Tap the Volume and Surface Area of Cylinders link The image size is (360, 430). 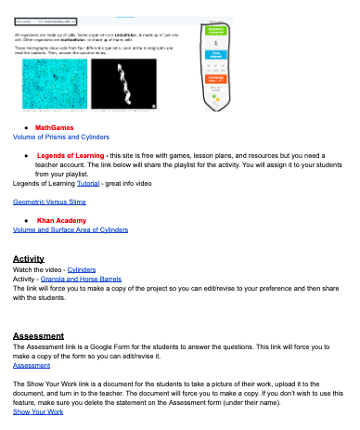[x=70, y=228]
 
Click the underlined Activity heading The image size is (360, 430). [x=29, y=258]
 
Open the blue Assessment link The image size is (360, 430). [x=32, y=365]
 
